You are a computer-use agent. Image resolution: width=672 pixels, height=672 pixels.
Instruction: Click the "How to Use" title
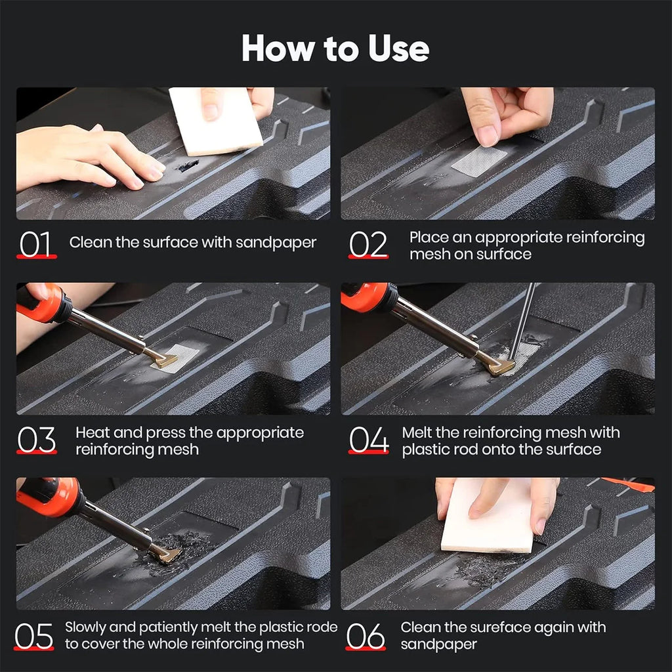(x=335, y=49)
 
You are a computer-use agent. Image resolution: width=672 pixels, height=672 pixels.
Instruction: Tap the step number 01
(x=37, y=245)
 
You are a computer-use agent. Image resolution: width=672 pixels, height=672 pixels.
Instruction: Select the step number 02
(x=368, y=245)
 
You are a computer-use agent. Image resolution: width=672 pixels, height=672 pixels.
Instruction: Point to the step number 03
(x=37, y=440)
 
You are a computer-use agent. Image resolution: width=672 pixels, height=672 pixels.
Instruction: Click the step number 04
(x=368, y=440)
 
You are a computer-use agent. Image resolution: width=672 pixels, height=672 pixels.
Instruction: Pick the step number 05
(x=35, y=636)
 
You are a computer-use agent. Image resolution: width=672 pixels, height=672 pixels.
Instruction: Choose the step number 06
(x=366, y=636)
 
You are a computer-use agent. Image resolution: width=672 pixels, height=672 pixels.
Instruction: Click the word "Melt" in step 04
(x=418, y=432)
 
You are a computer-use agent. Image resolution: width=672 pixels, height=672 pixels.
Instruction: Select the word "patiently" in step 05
(x=186, y=627)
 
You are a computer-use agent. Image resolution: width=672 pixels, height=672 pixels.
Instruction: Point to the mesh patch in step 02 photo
(x=478, y=161)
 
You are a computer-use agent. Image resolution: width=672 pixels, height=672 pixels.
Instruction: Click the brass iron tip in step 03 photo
(x=163, y=358)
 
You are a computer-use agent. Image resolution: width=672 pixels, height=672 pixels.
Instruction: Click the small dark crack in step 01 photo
(x=188, y=166)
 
